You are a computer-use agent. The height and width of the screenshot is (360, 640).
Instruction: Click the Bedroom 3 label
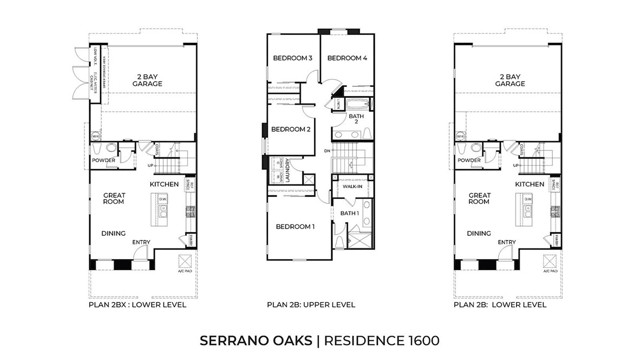coord(294,58)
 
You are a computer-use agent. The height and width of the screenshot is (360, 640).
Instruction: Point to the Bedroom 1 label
coord(295,226)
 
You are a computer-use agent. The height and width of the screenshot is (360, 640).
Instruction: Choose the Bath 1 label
coord(349,214)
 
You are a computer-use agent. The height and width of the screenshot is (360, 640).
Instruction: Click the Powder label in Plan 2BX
coord(103,161)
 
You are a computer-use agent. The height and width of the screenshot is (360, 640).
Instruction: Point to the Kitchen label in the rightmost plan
coord(530,185)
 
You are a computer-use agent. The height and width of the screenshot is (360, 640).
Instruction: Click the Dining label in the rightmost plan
coord(478,236)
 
